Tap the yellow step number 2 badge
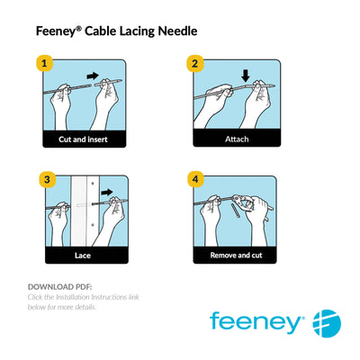point(193,64)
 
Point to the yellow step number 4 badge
point(193,178)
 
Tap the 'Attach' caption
point(237,139)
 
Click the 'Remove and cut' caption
point(237,255)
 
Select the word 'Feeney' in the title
point(57,31)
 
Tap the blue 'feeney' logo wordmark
point(256,321)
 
